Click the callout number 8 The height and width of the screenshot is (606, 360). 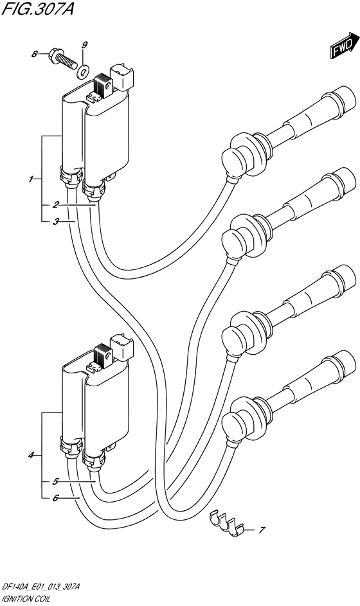[35, 55]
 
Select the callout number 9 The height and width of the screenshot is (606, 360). [84, 45]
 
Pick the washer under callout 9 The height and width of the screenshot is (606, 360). [83, 71]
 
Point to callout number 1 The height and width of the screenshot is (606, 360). [30, 179]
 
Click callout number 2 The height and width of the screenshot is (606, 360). [56, 205]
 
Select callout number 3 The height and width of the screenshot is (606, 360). [56, 222]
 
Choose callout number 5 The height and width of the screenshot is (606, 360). [56, 482]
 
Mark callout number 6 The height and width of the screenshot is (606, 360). [56, 499]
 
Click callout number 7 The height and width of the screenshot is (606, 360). [262, 530]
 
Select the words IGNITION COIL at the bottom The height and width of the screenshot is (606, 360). [24, 600]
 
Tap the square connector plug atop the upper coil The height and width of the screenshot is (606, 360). [122, 75]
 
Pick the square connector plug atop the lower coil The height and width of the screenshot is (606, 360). [122, 346]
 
